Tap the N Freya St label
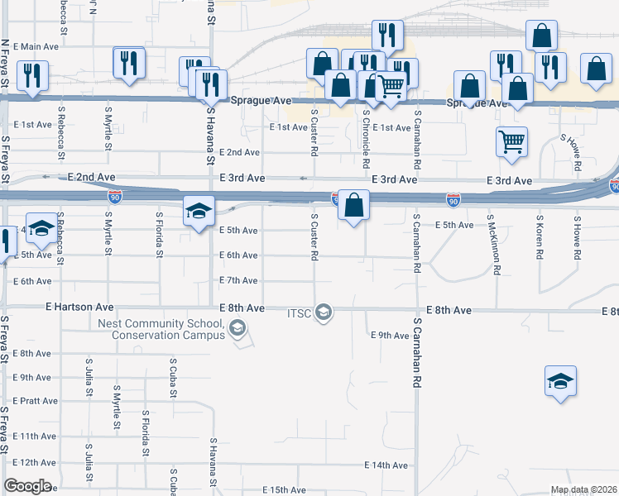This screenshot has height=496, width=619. (5, 65)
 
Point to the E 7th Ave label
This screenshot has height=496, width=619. (240, 281)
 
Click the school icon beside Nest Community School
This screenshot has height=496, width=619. (238, 329)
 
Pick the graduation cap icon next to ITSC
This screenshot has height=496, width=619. (324, 312)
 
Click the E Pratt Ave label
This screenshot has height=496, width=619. (36, 401)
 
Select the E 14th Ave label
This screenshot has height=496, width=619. (390, 465)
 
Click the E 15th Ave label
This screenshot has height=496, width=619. (286, 490)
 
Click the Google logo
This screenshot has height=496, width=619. (27, 486)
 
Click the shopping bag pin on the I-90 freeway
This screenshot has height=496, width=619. (353, 206)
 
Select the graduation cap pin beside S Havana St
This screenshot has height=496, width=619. (199, 212)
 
